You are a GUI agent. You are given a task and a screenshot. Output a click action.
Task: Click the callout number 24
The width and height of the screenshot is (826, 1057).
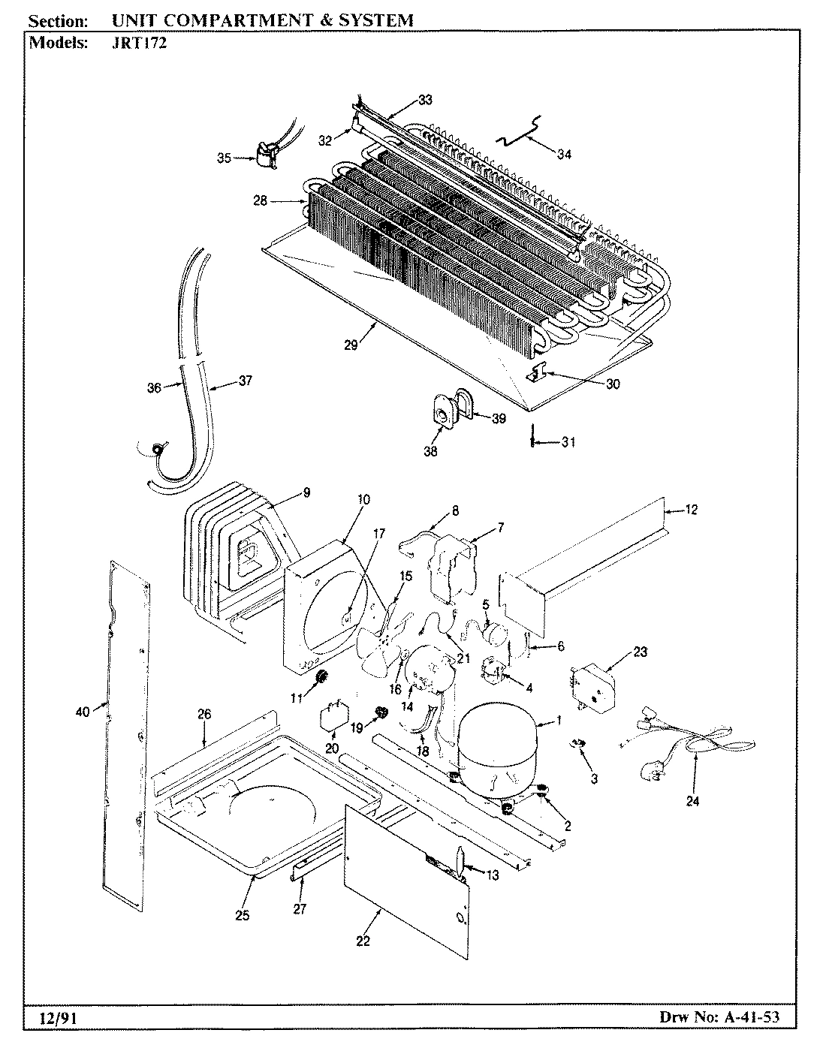tap(692, 801)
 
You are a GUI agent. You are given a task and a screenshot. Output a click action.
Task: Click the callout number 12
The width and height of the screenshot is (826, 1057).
tap(691, 510)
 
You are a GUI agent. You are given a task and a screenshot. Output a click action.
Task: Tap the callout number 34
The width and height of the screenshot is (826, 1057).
tap(564, 154)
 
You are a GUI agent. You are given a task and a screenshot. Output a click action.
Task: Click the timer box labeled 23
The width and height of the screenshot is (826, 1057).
tap(593, 687)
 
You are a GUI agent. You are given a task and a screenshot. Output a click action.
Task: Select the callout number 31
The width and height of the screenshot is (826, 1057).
tap(568, 442)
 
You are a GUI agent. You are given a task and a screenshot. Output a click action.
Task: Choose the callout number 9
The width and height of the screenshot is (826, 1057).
tap(306, 492)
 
